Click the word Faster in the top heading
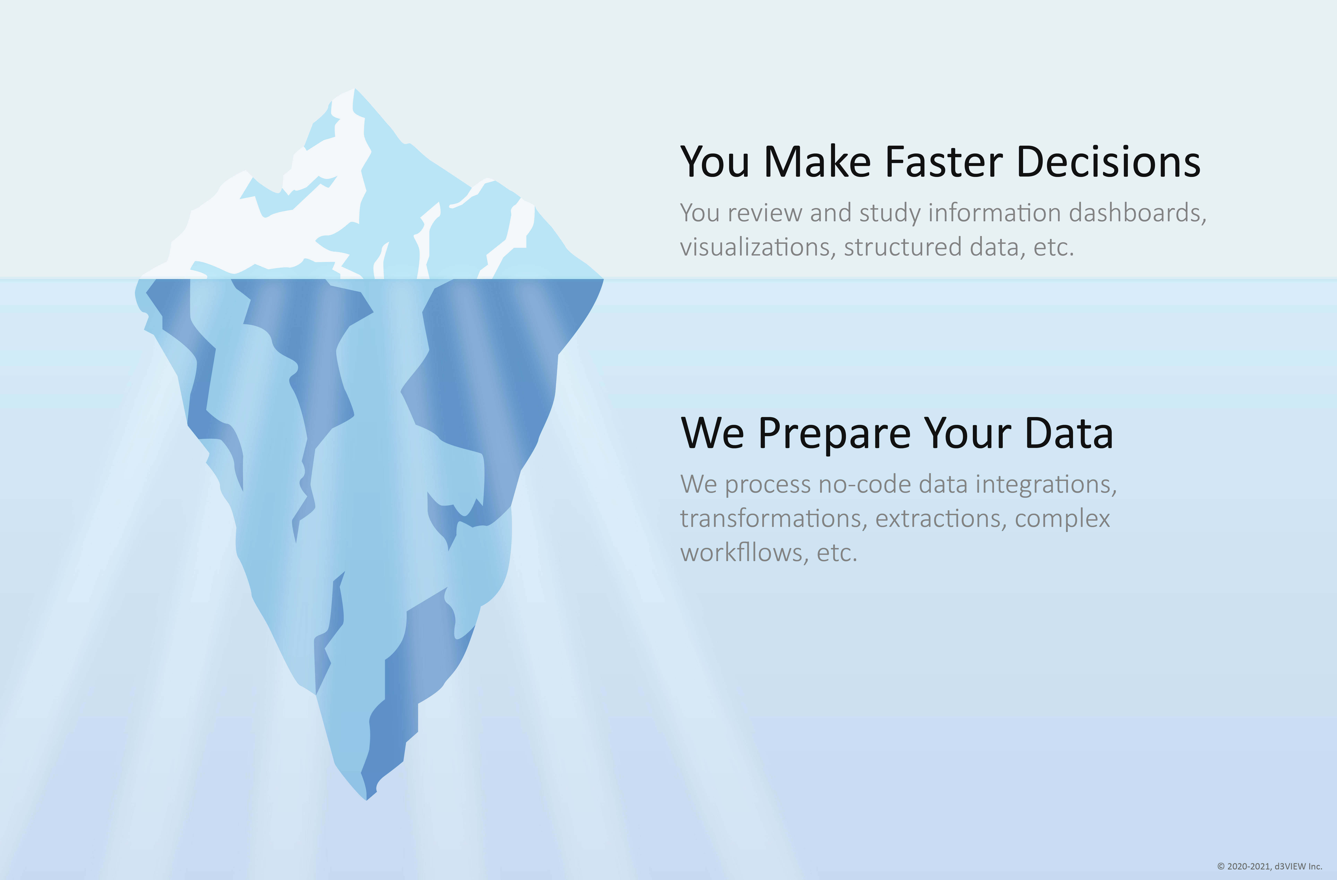pyautogui.click(x=944, y=162)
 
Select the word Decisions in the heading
pyautogui.click(x=1108, y=162)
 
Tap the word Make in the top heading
pyautogui.click(x=817, y=162)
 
